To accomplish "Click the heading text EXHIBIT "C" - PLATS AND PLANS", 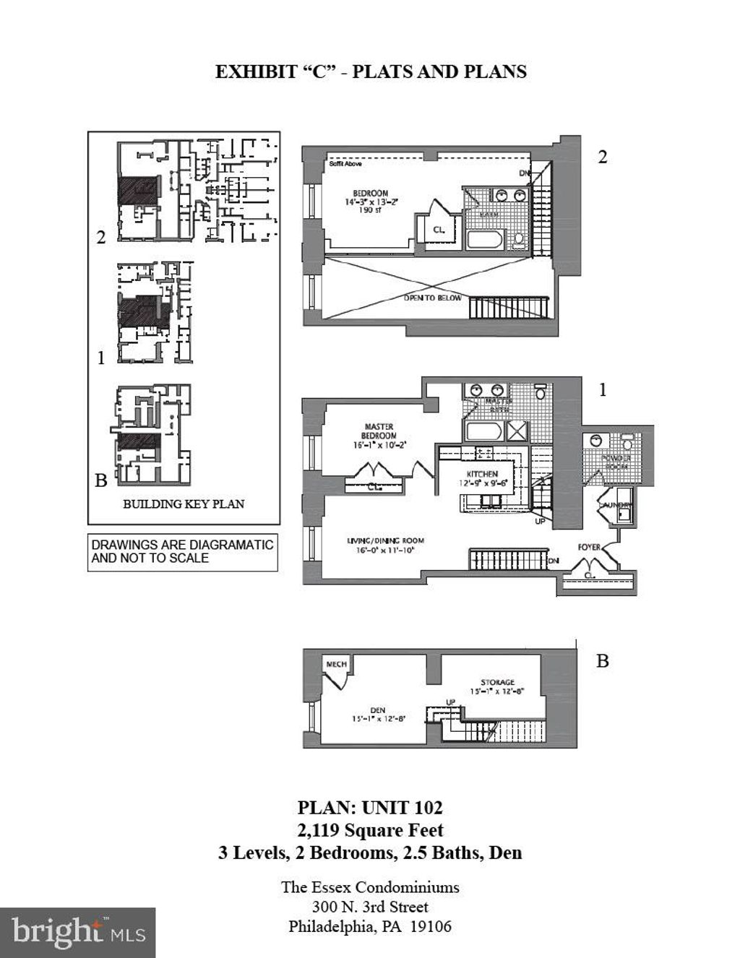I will [x=370, y=72].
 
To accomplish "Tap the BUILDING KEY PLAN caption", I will [x=184, y=504].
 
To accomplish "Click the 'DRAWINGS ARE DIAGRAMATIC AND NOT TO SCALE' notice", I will [x=182, y=551].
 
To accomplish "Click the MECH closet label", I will [x=337, y=664].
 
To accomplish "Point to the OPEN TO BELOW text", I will [x=432, y=298].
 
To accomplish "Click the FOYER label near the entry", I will [x=589, y=547].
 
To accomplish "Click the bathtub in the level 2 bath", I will [x=488, y=239].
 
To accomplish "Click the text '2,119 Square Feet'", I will [x=370, y=830].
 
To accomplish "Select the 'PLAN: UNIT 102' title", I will [x=370, y=808].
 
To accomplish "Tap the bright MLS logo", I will [x=78, y=932].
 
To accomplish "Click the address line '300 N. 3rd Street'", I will [x=370, y=907].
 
